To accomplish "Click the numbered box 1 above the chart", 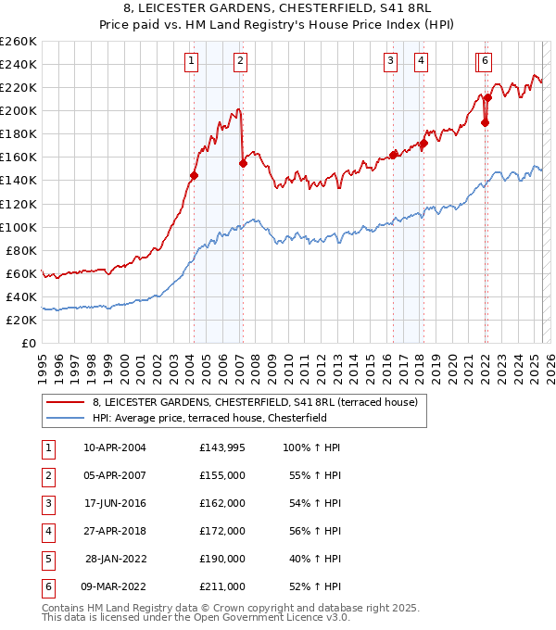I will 191,62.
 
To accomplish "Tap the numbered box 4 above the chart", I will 421,62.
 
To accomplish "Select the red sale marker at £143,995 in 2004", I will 194,175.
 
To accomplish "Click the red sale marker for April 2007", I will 243,163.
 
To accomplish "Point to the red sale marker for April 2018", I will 423,144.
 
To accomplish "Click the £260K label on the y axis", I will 19,42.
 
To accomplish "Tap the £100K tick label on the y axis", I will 19,227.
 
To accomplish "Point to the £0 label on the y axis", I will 29,343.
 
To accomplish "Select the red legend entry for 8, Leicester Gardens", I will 255,402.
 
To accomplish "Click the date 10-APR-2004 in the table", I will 115,447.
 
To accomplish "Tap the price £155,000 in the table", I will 221,475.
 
